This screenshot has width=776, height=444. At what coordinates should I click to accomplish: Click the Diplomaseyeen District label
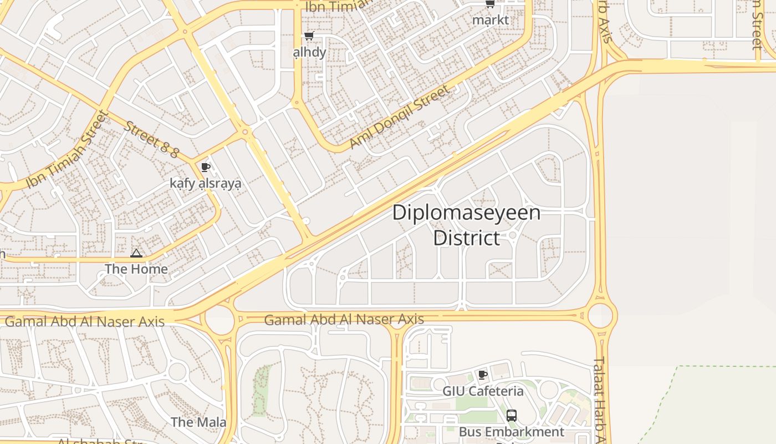466,225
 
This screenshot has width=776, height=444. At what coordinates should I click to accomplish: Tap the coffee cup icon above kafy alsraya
206,167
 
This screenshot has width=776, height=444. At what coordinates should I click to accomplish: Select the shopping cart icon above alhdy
309,36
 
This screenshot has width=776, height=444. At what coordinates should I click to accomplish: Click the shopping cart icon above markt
490,4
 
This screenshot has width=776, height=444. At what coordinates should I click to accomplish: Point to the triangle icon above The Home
136,254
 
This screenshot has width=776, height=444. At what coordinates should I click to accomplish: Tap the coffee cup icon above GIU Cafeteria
483,375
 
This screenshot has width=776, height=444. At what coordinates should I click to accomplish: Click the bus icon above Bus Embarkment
511,415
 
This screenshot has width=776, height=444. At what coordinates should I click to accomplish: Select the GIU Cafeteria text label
483,391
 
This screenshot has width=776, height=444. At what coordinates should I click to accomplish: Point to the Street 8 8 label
151,139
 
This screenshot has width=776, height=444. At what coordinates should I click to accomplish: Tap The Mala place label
198,422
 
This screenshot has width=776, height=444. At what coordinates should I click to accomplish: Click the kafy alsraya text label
206,183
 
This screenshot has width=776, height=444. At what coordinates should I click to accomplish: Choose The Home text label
136,269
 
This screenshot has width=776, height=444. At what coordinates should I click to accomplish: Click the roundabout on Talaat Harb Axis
600,315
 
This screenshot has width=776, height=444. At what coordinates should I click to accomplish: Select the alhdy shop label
309,52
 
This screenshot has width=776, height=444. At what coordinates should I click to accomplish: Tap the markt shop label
490,20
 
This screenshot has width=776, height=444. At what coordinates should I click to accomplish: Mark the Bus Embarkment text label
511,432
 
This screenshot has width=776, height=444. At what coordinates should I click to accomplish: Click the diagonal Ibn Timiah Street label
67,150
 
